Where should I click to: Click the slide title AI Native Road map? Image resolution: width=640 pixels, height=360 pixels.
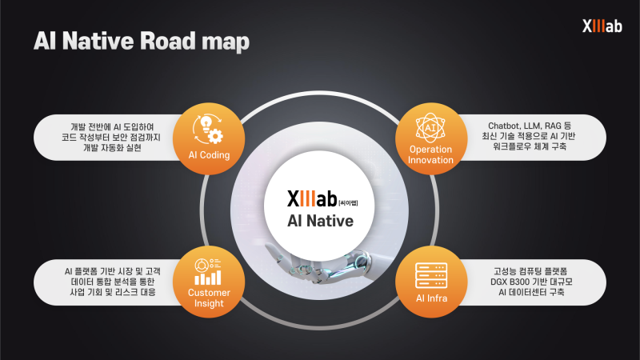141,41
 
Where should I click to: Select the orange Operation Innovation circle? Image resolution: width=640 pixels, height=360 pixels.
431,136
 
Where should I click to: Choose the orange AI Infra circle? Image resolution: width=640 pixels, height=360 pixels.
431,279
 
